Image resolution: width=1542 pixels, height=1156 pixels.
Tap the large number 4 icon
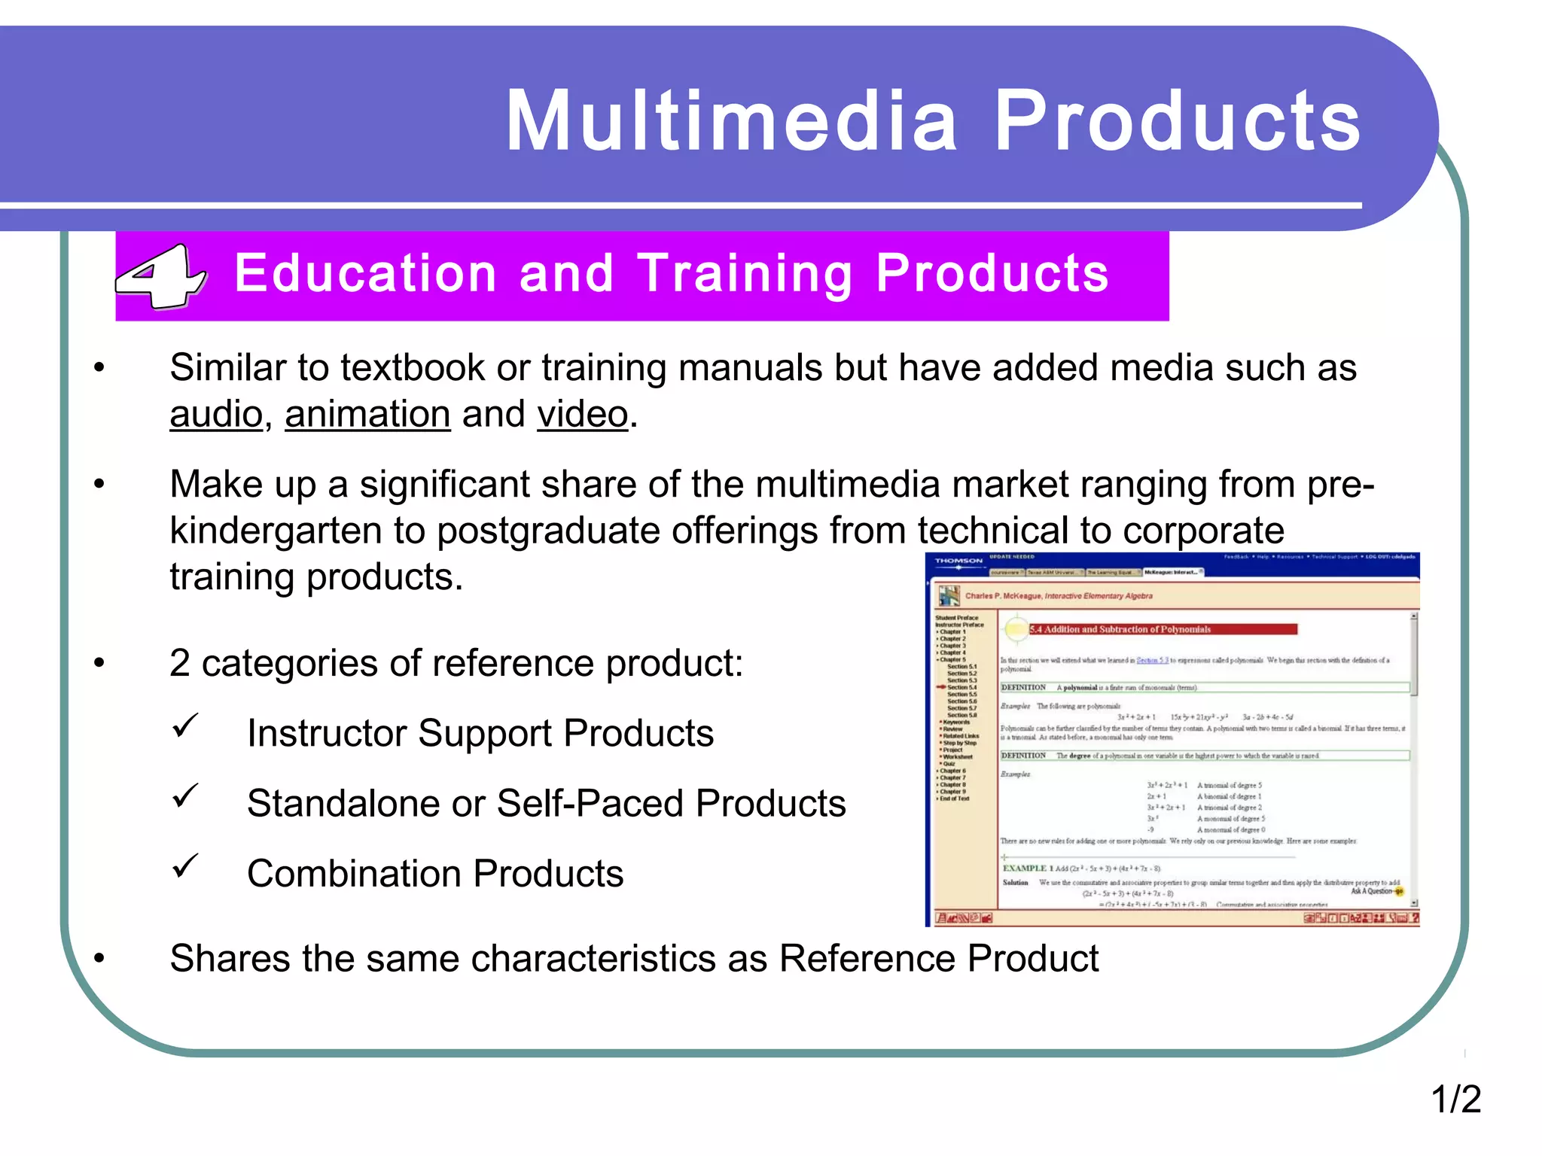(160, 276)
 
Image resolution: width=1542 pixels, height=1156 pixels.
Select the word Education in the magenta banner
(365, 273)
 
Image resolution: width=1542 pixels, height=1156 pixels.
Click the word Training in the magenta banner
(745, 273)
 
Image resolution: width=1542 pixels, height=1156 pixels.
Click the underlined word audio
(216, 414)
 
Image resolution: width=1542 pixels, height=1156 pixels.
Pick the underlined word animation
(367, 414)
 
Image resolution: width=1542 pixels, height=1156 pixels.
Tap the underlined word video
(582, 414)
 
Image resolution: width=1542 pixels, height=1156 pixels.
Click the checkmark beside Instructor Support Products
(184, 726)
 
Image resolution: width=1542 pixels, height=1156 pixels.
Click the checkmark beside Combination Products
(184, 866)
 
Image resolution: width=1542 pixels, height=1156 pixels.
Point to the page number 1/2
(1455, 1099)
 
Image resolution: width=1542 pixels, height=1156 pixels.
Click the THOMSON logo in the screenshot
(958, 561)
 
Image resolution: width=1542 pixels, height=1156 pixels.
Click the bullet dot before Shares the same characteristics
(99, 959)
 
